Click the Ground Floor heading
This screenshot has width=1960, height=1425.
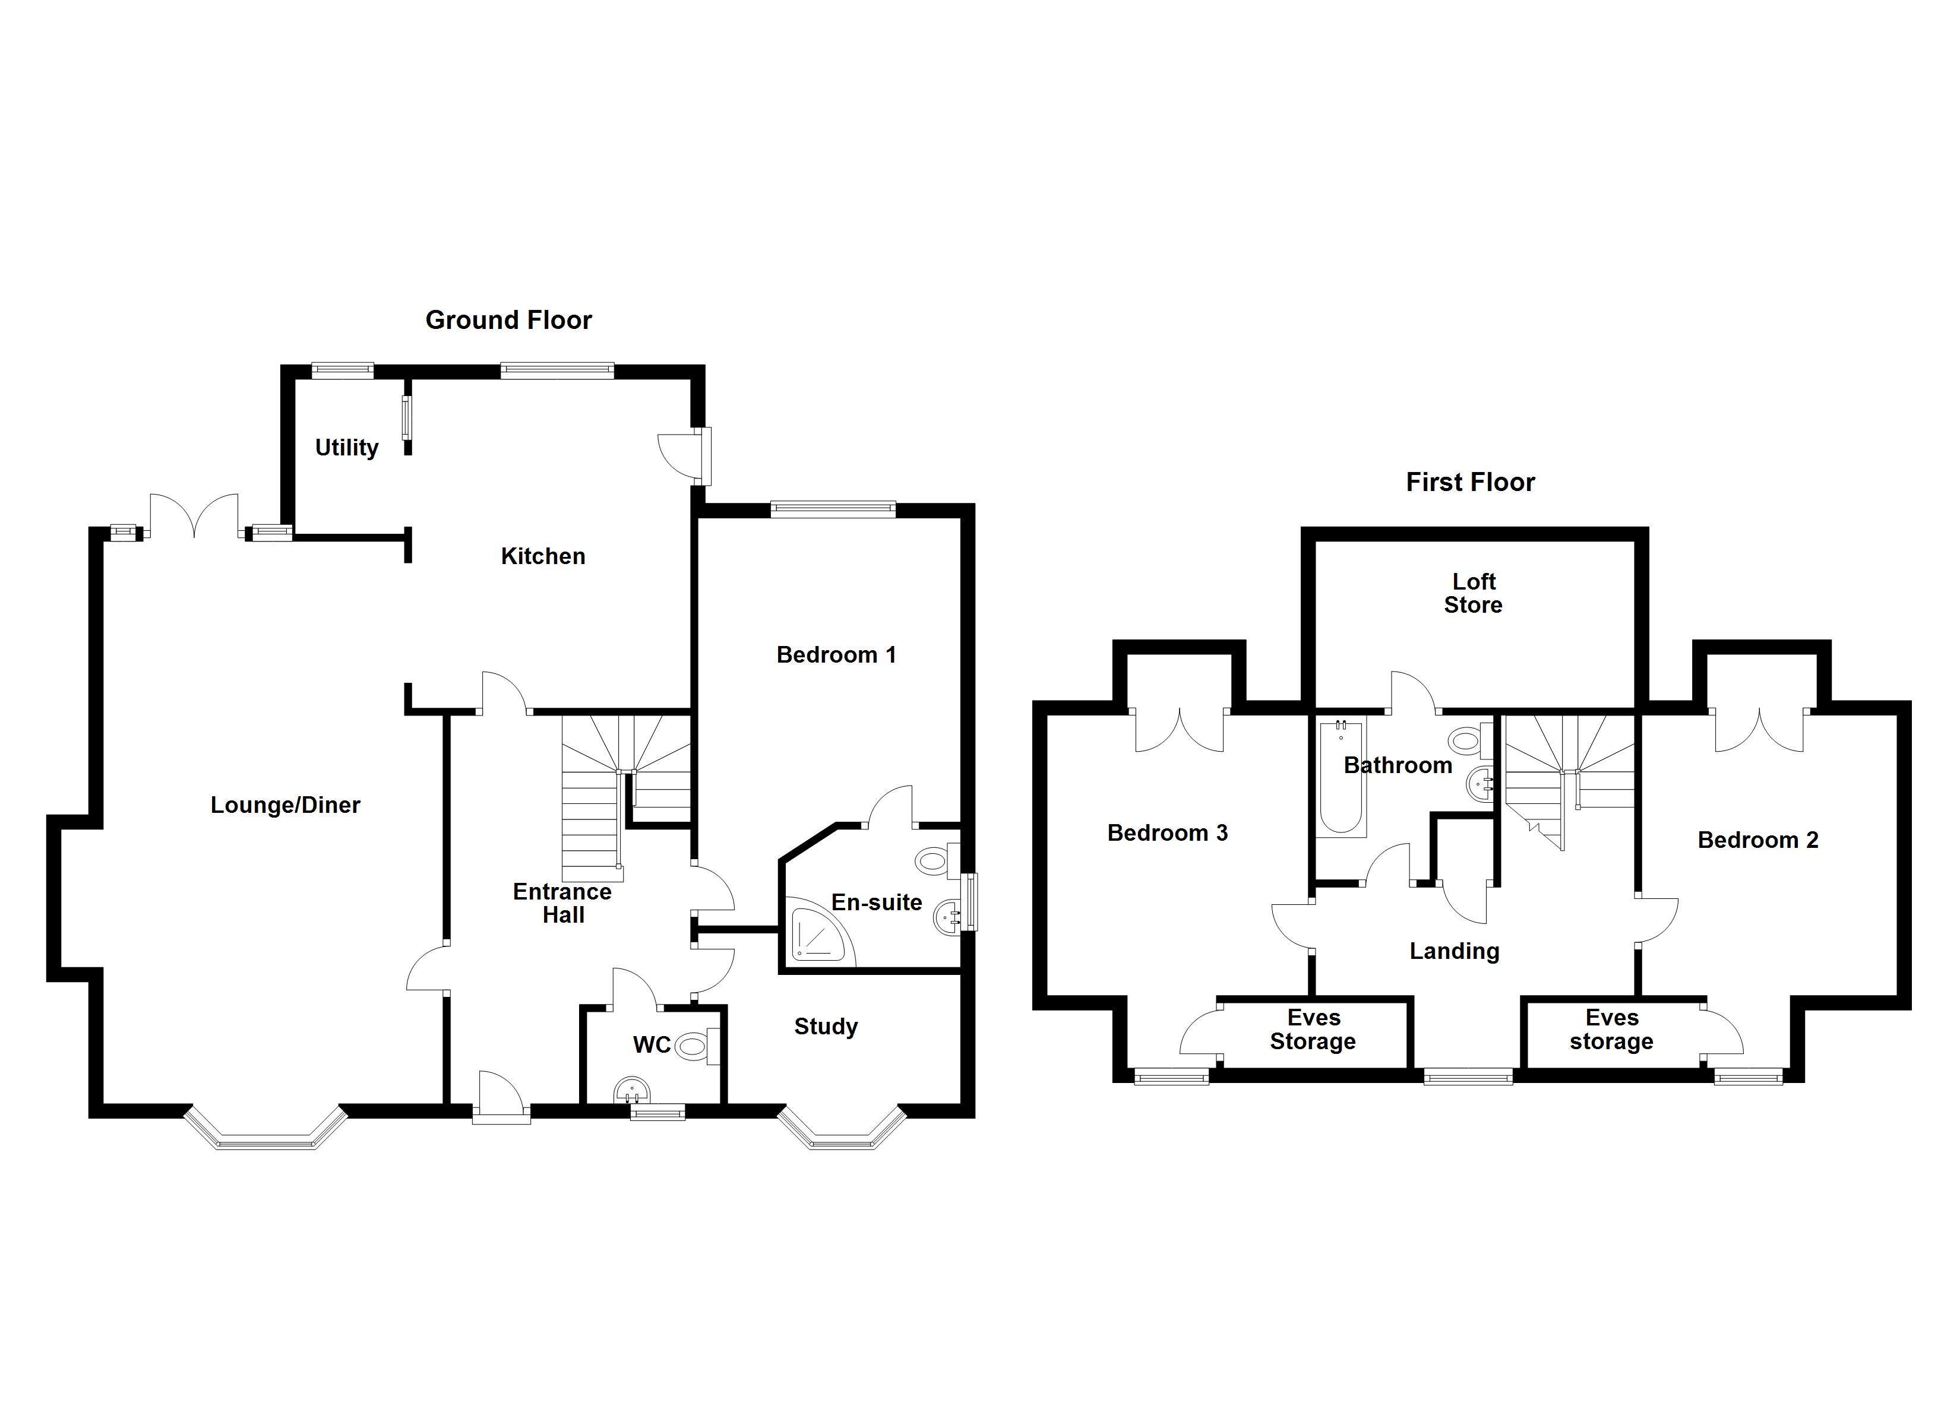tap(508, 321)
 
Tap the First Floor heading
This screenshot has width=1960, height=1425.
tap(1470, 482)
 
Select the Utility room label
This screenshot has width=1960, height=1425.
tap(346, 448)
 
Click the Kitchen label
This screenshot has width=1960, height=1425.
tap(543, 556)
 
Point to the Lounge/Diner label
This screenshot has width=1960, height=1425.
tap(285, 805)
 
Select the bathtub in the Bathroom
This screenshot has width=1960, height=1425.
tap(1341, 778)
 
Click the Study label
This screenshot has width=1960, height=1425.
tap(826, 1027)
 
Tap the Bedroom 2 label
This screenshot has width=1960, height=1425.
tap(1758, 840)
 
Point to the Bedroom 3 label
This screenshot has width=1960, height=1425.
tap(1168, 833)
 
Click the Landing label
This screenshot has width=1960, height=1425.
tap(1455, 951)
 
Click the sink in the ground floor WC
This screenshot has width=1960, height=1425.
tap(632, 1091)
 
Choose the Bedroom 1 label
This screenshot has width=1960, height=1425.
tap(836, 655)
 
